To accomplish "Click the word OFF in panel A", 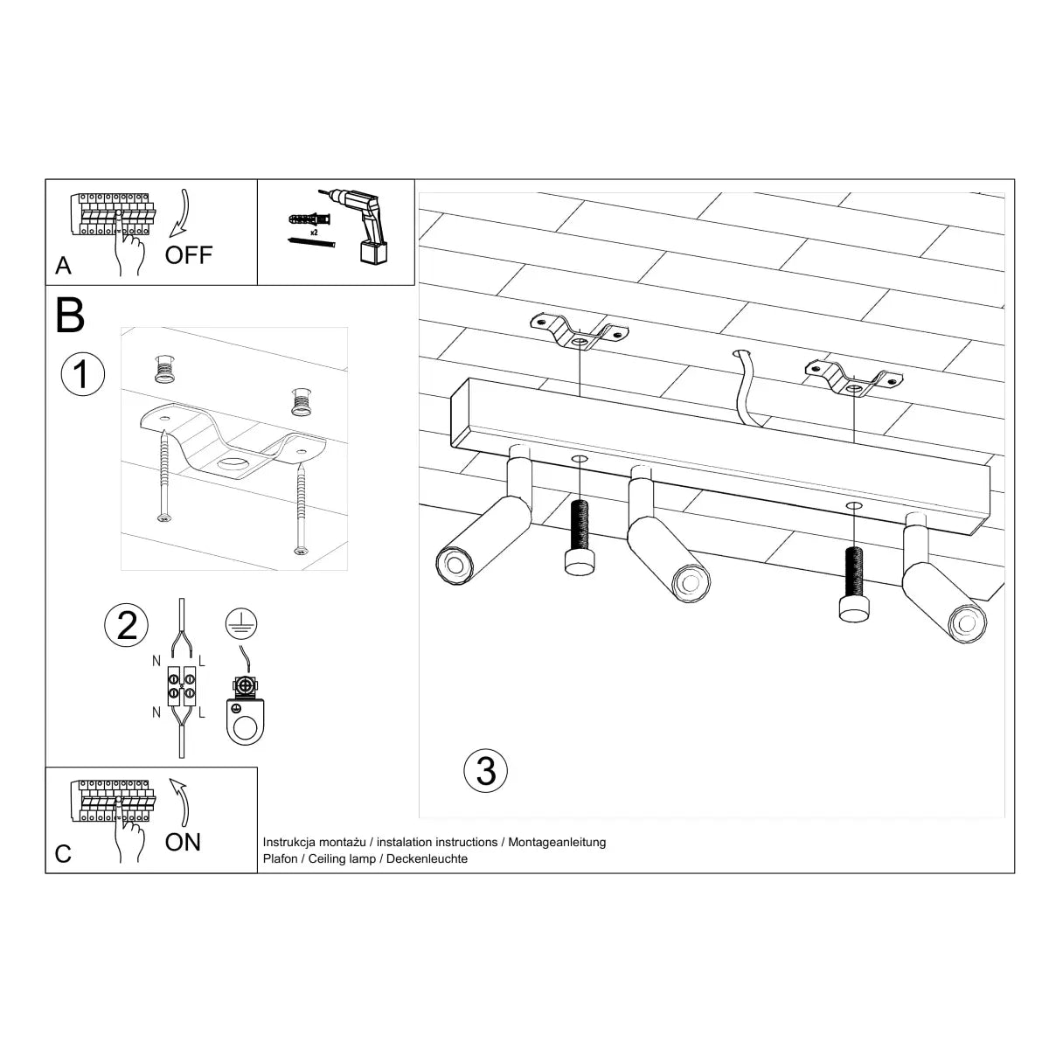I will [x=189, y=255].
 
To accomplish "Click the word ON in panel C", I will [x=183, y=842].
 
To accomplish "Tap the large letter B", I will [x=70, y=316].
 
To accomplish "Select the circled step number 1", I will [x=82, y=375].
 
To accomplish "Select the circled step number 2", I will [x=127, y=626].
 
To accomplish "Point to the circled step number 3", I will [x=485, y=771].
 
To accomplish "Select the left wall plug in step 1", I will [x=163, y=370].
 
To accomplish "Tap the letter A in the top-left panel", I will [x=63, y=267].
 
